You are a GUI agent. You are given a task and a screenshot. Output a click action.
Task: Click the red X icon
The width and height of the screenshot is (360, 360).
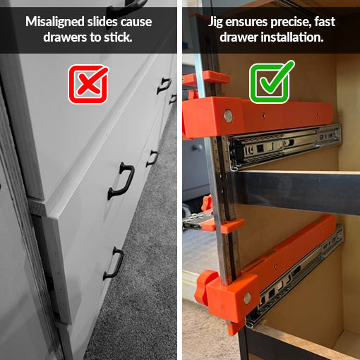(88, 83)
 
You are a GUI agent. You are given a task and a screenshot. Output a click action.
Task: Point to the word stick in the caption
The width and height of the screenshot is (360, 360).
(116, 37)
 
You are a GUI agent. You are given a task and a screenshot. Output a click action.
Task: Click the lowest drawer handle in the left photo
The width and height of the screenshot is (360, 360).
(113, 263)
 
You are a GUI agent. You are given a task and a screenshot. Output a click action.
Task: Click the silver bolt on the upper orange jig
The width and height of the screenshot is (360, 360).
(228, 116)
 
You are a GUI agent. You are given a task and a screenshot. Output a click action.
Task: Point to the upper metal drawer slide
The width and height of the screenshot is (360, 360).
(289, 145)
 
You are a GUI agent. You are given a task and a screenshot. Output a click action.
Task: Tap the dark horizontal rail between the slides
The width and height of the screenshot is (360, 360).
(296, 191)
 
